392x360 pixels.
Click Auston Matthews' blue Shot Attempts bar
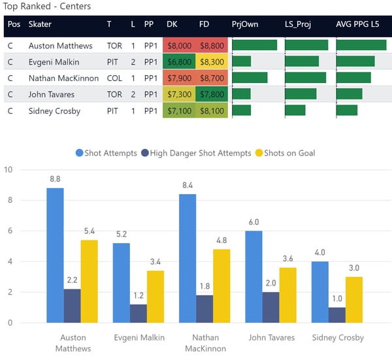click(55, 255)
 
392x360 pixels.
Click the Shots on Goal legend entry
click(287, 153)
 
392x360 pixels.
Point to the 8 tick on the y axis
click(8, 201)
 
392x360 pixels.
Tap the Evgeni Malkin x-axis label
click(139, 338)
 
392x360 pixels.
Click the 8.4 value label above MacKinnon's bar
click(188, 186)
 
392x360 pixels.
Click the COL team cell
click(114, 78)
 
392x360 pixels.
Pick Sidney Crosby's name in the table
click(54, 111)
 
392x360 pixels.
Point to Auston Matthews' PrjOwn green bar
click(254, 45)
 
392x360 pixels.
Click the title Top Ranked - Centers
click(47, 6)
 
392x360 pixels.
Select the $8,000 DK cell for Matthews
click(180, 46)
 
